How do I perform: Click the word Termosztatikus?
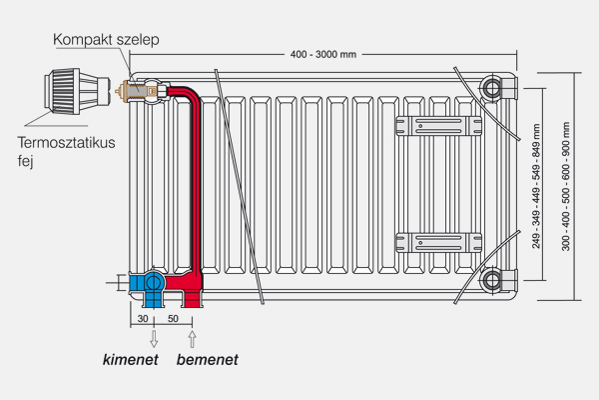click(x=65, y=143)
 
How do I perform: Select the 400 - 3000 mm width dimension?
click(x=322, y=53)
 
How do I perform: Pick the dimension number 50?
click(x=173, y=318)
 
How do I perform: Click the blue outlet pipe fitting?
click(x=153, y=286)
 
